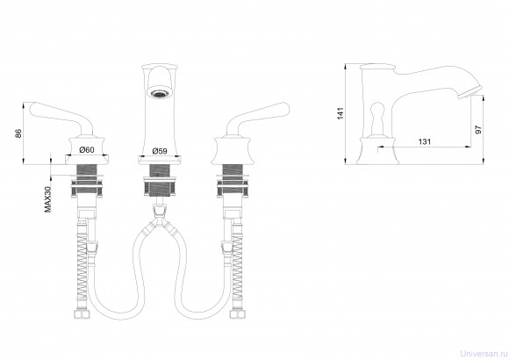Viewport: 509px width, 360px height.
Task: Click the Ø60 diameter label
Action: [x=87, y=150]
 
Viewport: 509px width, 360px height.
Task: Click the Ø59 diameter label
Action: [x=160, y=151]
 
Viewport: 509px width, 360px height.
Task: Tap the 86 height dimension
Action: [x=18, y=133]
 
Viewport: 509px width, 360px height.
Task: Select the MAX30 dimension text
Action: [x=47, y=199]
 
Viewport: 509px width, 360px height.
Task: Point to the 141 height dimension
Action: [x=341, y=113]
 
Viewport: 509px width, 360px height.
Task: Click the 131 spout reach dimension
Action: [x=424, y=141]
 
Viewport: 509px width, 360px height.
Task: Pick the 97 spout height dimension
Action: [x=478, y=129]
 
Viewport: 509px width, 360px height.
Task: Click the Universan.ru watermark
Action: [x=484, y=354]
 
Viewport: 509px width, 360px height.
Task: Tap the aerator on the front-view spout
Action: [x=159, y=92]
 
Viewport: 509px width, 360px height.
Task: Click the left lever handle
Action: [x=61, y=118]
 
